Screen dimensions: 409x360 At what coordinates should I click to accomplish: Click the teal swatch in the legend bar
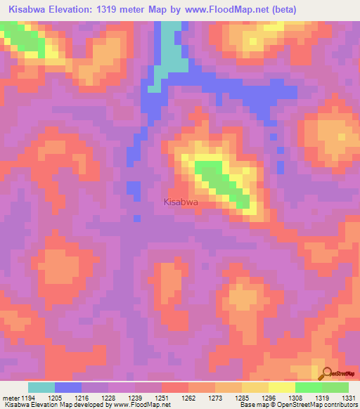click(x=41, y=387)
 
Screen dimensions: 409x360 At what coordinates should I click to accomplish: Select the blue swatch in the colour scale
click(x=68, y=387)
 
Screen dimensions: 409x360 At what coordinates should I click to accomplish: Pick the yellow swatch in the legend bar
click(x=282, y=387)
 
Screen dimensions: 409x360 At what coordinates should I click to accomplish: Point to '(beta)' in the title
click(x=279, y=10)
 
